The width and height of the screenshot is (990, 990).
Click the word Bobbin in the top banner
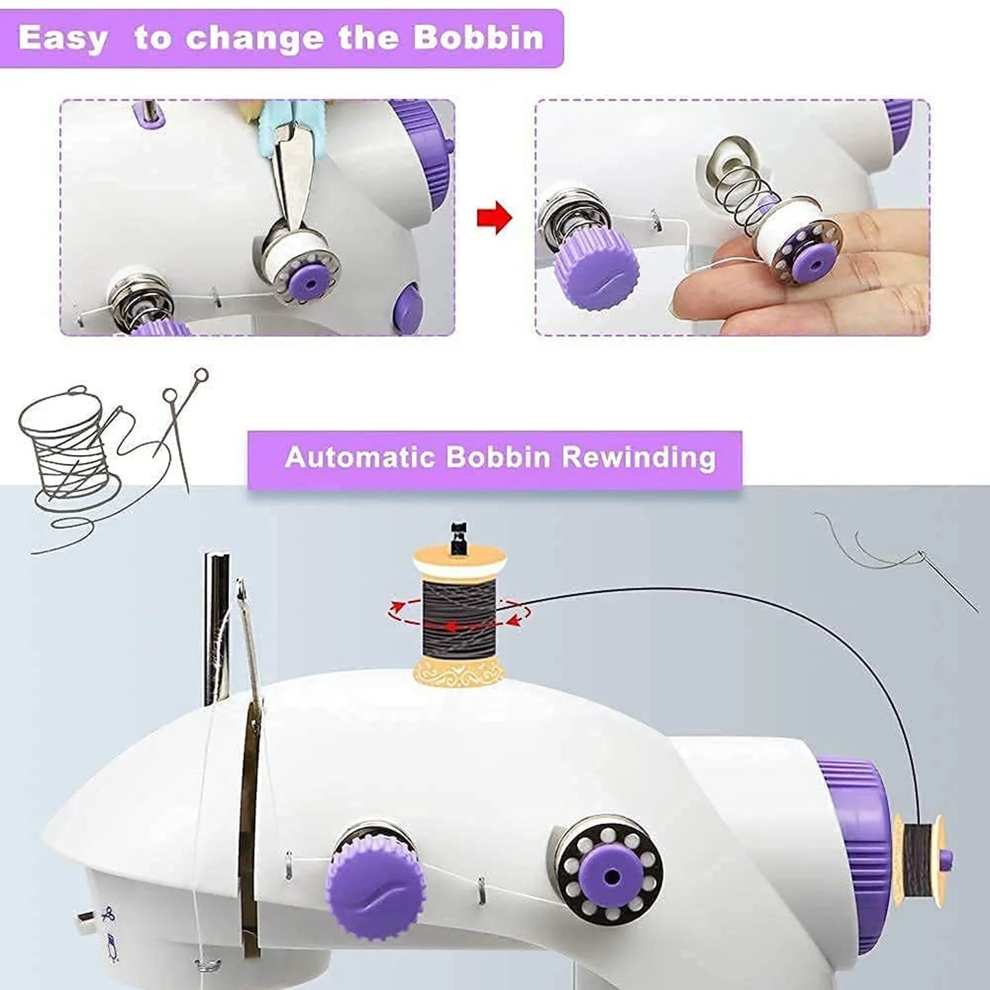click(x=478, y=38)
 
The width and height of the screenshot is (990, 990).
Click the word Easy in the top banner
click(x=63, y=38)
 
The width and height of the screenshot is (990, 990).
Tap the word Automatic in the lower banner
click(x=360, y=457)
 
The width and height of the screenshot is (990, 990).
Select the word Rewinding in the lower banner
click(x=639, y=457)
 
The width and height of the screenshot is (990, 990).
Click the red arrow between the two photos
click(x=494, y=219)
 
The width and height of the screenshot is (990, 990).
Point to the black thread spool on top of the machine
click(x=458, y=613)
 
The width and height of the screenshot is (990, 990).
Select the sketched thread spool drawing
click(x=65, y=445)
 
